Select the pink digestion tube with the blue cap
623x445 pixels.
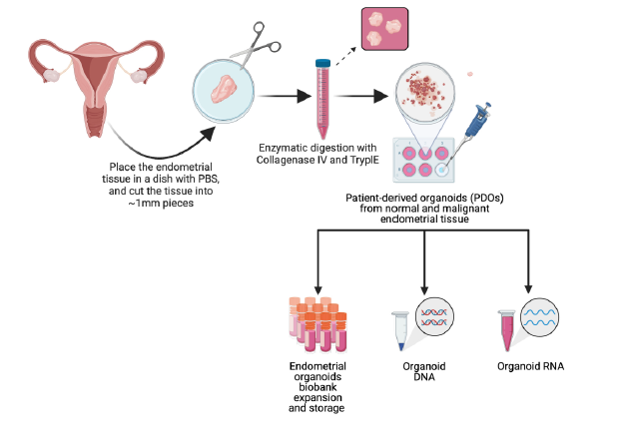pyautogui.click(x=322, y=99)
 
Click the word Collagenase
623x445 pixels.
pyautogui.click(x=294, y=159)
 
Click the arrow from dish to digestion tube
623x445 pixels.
pyautogui.click(x=283, y=97)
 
